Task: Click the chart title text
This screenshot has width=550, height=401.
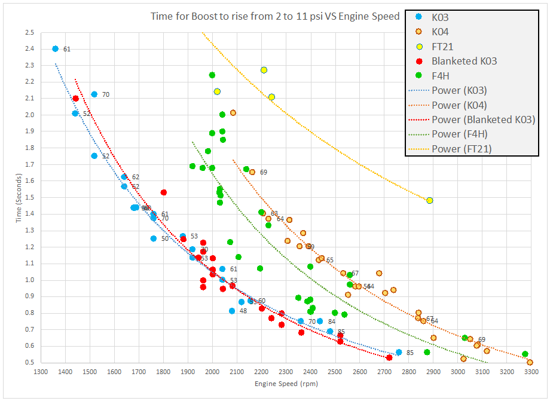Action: click(x=274, y=16)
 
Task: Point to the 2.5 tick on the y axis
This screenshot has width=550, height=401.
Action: click(x=30, y=32)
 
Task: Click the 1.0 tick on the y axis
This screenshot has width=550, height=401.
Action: click(x=30, y=280)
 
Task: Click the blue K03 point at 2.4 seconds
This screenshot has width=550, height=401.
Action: click(x=55, y=49)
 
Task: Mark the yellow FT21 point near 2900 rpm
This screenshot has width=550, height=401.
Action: click(x=429, y=200)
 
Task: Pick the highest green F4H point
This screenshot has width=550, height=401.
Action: click(x=212, y=75)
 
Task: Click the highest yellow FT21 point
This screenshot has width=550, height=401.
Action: click(x=264, y=70)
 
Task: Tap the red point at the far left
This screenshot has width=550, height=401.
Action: click(x=75, y=99)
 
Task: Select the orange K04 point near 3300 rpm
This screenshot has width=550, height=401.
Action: click(x=530, y=362)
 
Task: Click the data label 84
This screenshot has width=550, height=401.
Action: click(x=332, y=322)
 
